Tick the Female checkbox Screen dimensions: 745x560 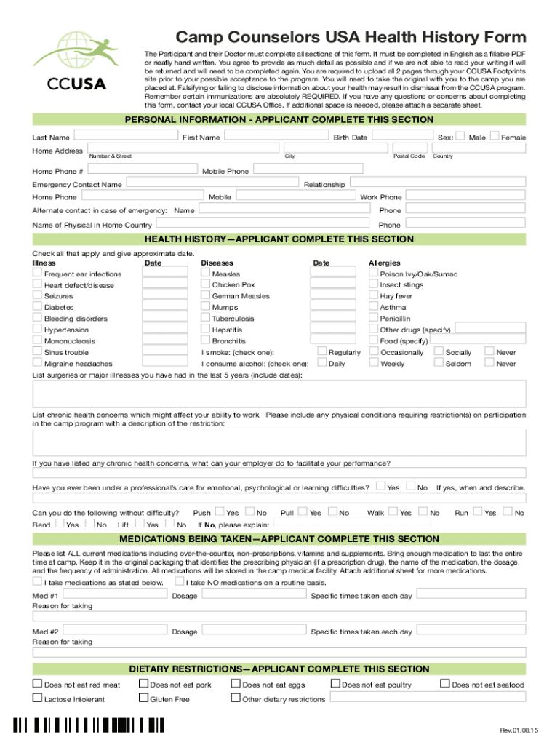pos(495,136)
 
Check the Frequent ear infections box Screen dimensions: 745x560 pos(37,274)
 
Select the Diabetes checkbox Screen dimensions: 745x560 pos(37,307)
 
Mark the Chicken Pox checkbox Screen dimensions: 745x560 pos(205,284)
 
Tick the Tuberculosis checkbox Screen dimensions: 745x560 pos(205,318)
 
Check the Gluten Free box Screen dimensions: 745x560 pos(143,698)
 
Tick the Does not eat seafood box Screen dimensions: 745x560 pos(445,684)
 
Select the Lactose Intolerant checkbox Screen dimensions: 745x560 pos(37,698)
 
